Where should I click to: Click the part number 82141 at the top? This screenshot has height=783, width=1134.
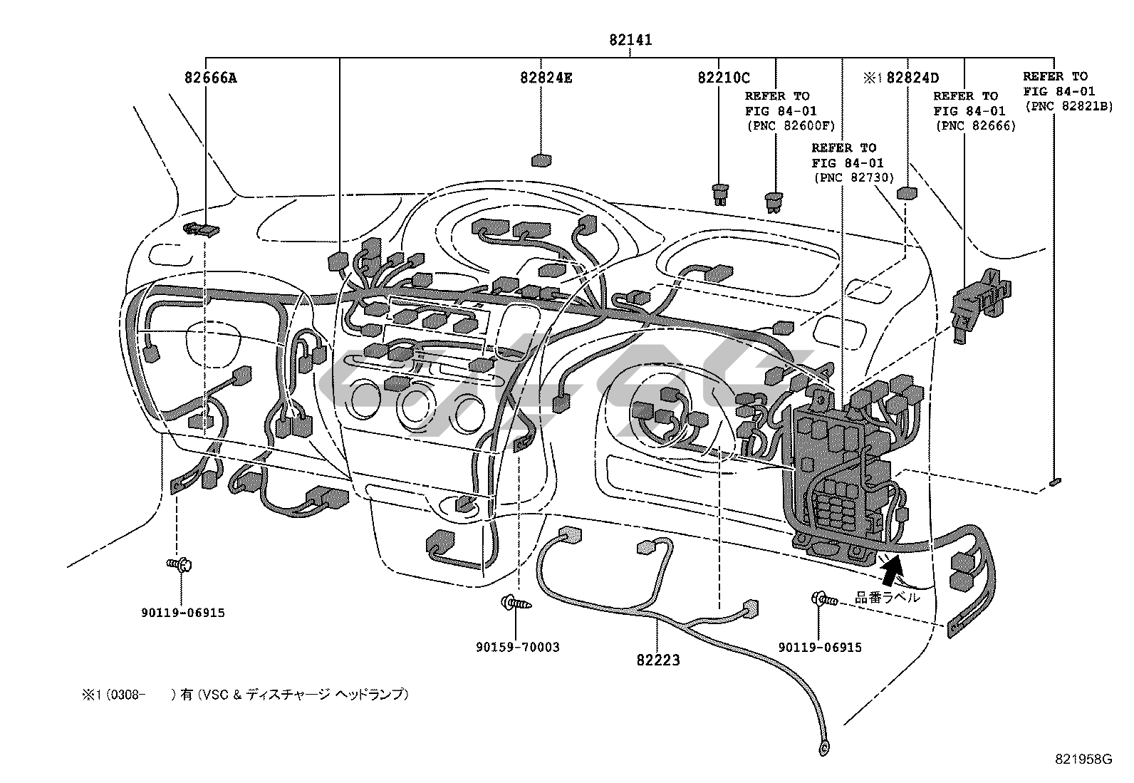630,41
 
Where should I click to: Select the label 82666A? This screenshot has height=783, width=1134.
210,78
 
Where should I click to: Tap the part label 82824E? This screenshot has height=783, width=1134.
546,78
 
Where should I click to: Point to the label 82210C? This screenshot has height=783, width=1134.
723,78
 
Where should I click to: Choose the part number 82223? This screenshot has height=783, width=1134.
658,660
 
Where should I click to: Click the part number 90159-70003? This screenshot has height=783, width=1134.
518,647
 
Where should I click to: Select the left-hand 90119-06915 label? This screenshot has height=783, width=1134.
182,612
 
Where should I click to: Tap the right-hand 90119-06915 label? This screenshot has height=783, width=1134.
820,647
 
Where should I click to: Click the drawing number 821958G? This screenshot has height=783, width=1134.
1083,759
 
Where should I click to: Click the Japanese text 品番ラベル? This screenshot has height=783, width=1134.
887,597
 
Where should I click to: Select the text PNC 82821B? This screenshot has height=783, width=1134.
1067,107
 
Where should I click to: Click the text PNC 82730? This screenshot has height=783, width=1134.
853,178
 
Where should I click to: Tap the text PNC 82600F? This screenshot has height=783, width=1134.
790,126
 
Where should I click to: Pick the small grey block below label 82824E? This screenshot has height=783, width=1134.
541,160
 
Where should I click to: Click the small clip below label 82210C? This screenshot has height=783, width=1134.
721,194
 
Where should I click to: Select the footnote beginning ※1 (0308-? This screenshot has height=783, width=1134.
246,694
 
